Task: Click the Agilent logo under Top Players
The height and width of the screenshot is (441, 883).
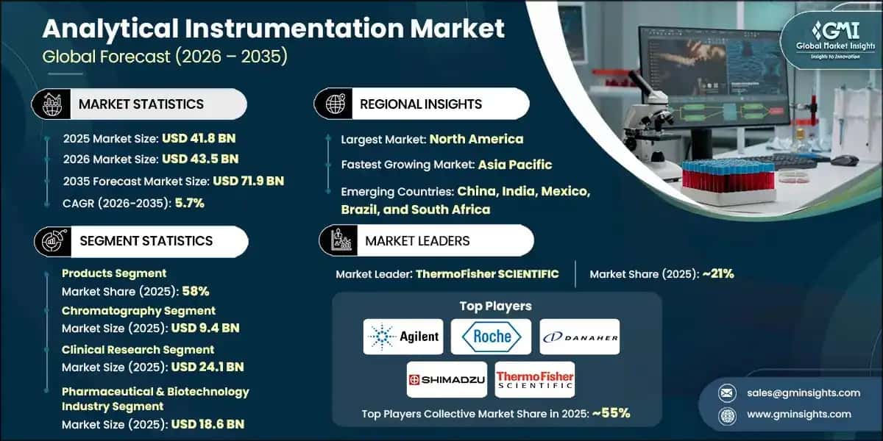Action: click(403, 337)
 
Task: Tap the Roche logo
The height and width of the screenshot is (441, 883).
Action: click(492, 337)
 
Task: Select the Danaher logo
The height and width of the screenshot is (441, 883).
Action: click(580, 337)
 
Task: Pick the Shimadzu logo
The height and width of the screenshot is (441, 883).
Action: click(447, 379)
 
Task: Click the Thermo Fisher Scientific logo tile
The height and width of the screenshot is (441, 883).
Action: click(535, 379)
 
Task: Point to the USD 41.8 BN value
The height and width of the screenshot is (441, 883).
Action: click(199, 137)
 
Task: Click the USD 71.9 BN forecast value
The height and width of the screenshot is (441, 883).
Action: click(248, 181)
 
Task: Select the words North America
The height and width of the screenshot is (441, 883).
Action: click(476, 139)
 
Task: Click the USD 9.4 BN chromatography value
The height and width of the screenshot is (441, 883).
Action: click(205, 328)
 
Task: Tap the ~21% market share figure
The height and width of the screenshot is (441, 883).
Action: click(717, 274)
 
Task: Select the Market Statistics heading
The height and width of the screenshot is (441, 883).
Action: click(141, 104)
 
